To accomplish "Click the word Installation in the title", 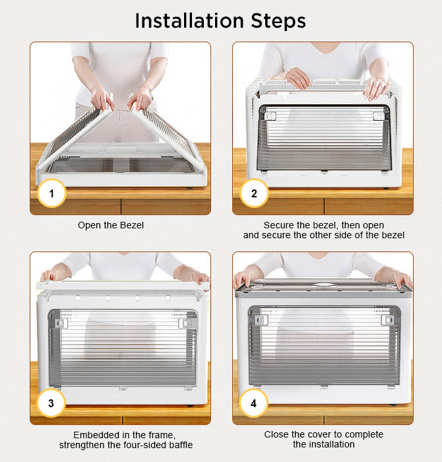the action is click(x=189, y=21).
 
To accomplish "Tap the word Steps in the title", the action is click(x=278, y=22).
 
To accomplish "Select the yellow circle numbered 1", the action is click(x=51, y=193).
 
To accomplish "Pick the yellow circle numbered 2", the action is click(x=254, y=193).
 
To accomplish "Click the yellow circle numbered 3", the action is click(x=51, y=403).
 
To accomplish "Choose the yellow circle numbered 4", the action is click(x=253, y=403).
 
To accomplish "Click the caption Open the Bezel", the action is click(x=111, y=225).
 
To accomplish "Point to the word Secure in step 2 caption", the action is click(x=279, y=225).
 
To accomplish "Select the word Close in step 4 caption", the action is click(x=276, y=434).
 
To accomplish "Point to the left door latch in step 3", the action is click(x=61, y=323).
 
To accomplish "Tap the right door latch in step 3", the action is click(x=185, y=323).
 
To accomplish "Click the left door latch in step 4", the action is click(x=261, y=320).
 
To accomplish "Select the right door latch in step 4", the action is click(x=387, y=320).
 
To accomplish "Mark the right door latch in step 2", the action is click(x=379, y=116).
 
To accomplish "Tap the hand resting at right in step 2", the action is click(x=376, y=88).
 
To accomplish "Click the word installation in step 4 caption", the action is click(x=324, y=444).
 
